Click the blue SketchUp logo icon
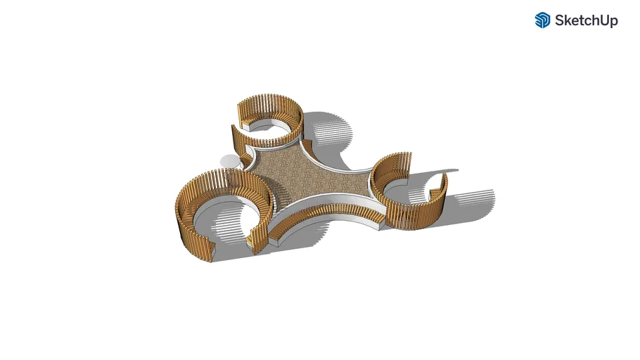pyautogui.click(x=542, y=20)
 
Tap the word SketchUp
pyautogui.click(x=586, y=20)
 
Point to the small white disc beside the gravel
pyautogui.click(x=228, y=161)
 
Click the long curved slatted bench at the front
pyautogui.click(x=326, y=212)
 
